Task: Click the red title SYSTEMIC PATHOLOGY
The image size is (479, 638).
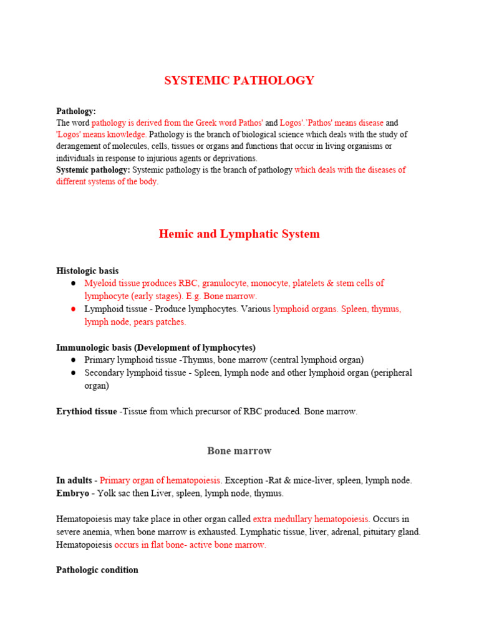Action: tap(239, 80)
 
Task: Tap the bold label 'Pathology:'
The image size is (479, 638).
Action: tap(76, 112)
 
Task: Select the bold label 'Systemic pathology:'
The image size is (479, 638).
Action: tap(94, 170)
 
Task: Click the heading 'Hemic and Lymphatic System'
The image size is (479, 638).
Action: tap(239, 234)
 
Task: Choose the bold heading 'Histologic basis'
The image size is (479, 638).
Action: tap(87, 271)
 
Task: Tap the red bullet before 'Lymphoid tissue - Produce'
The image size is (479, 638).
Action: tap(73, 309)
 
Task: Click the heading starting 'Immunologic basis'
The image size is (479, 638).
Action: tap(156, 348)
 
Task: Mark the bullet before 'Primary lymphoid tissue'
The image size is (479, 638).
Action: tap(73, 360)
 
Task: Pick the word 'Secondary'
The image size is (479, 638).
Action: tap(105, 373)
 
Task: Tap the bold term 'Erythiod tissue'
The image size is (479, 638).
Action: tap(87, 412)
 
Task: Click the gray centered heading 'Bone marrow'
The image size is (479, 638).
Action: tap(239, 450)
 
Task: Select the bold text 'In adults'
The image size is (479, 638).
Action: tap(74, 480)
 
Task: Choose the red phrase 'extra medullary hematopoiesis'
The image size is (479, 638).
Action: tap(311, 519)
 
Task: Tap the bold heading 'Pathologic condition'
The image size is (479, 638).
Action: tap(97, 570)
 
